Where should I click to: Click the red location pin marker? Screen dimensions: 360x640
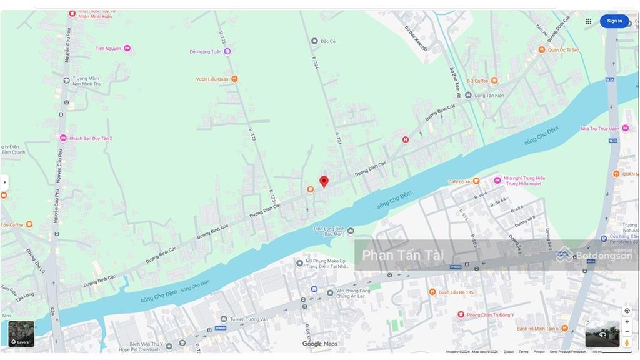click(324, 181)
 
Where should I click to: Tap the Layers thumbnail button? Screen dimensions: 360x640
click(21, 334)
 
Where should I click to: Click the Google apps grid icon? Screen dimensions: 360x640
click(588, 21)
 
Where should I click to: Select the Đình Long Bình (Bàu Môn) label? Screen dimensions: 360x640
click(329, 231)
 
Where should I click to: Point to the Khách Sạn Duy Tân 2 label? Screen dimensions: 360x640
click(90, 138)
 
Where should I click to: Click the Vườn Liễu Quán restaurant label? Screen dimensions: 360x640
click(212, 79)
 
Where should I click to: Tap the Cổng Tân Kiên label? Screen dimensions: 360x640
click(489, 96)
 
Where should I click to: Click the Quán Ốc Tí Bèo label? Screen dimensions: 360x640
click(563, 50)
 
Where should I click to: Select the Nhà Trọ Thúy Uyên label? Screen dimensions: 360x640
click(599, 129)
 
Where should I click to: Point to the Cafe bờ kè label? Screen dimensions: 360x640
click(459, 182)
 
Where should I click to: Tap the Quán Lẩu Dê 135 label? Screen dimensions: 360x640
click(456, 292)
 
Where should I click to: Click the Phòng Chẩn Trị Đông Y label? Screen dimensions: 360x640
click(491, 314)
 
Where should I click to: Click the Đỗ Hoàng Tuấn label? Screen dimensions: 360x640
click(206, 52)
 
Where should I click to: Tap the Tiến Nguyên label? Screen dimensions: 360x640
click(108, 48)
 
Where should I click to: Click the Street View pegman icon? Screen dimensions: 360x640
click(627, 342)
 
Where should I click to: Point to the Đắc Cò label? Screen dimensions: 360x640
click(327, 41)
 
